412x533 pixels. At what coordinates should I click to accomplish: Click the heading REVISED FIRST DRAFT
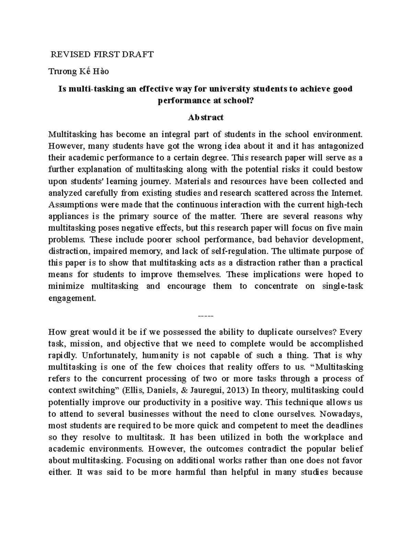(x=102, y=55)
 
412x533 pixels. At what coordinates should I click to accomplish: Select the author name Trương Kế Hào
(x=79, y=72)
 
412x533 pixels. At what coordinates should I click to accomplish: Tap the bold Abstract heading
(x=206, y=117)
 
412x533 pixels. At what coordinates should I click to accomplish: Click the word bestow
(x=351, y=170)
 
